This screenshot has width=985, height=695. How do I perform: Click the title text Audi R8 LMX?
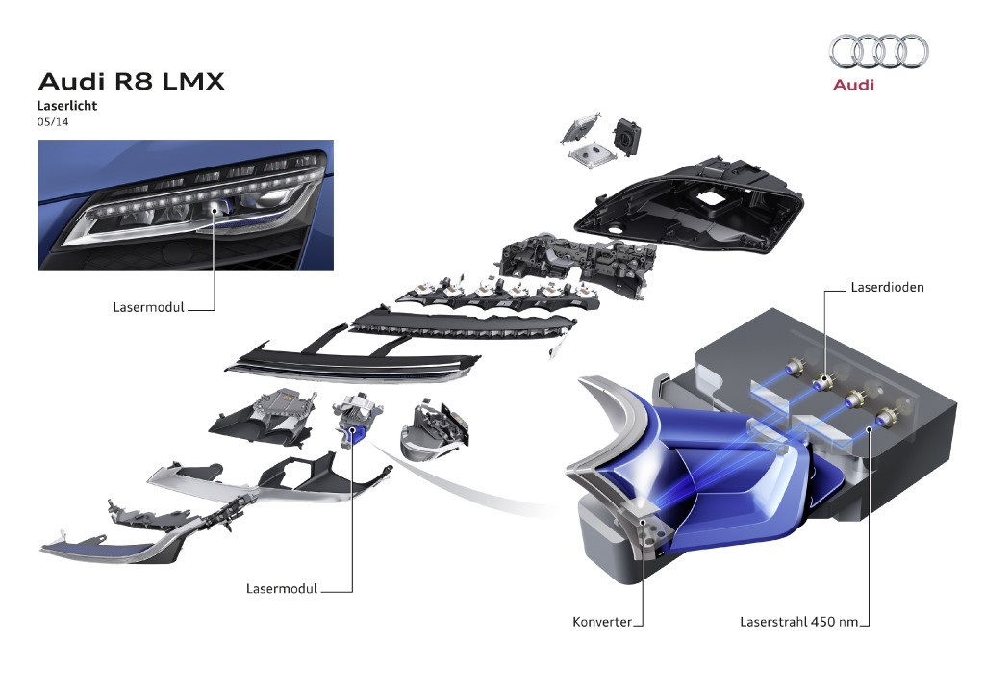(131, 82)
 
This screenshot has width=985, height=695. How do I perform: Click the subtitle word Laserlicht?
(67, 106)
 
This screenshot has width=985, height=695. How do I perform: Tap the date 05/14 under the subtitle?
(53, 122)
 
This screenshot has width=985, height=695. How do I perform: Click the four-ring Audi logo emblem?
(879, 52)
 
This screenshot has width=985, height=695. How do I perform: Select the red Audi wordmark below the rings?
(853, 84)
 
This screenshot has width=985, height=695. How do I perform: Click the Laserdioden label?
(887, 287)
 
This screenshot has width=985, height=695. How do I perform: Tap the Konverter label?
(602, 622)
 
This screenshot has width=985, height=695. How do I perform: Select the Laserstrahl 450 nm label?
(798, 622)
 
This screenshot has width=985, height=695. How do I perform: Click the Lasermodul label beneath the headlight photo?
(149, 307)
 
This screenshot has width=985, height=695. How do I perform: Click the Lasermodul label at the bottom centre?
(282, 589)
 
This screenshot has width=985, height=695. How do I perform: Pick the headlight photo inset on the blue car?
(186, 205)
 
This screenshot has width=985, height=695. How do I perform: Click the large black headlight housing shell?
(689, 207)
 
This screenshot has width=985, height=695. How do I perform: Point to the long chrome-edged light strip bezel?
(352, 366)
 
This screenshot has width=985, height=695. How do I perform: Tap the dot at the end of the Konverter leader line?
(643, 521)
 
